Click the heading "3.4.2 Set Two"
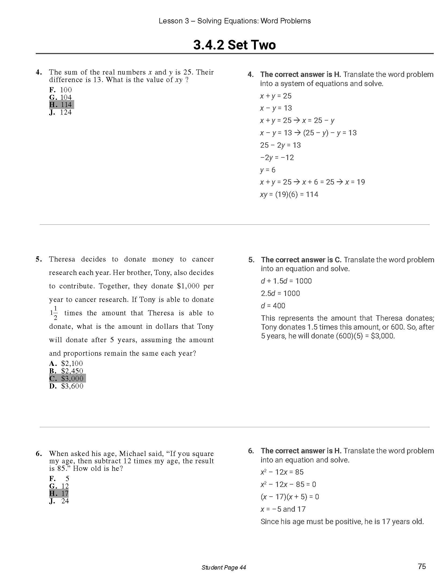pos(234,45)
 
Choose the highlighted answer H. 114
pos(61,105)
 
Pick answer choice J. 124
pos(60,112)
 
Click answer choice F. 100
pos(60,90)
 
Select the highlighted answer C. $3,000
pos(67,378)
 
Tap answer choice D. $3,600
pos(66,386)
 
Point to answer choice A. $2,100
pos(66,363)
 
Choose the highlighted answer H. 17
pos(59,493)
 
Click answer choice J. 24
pos(59,501)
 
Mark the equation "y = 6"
pos(268,170)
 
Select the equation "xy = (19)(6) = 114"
pos(289,194)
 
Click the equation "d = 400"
pos(273,306)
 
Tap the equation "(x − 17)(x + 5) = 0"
pos(289,496)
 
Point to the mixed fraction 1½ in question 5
pos(54,313)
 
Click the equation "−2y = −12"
pos(277,157)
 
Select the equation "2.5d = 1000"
pos(280,293)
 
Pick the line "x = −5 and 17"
pos(283,509)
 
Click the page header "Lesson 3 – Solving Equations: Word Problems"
pos(235,21)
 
